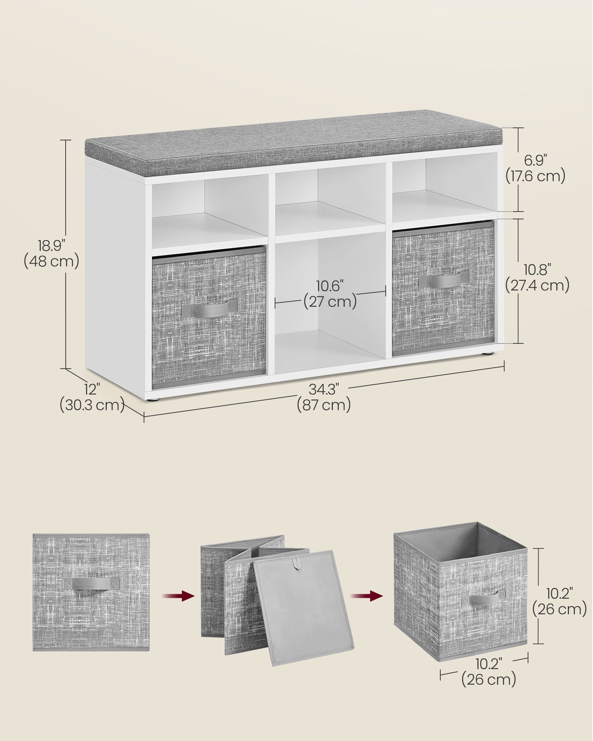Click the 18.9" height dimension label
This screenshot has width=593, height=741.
52,246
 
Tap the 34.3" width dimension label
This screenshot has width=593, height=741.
324,389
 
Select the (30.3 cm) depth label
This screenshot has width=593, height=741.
92,405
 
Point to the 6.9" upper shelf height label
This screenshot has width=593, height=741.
536,160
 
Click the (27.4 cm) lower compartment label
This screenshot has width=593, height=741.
537,286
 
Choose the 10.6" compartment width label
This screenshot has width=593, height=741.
330,286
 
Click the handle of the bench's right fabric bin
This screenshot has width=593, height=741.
444,279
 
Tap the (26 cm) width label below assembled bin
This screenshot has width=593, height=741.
488,679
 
